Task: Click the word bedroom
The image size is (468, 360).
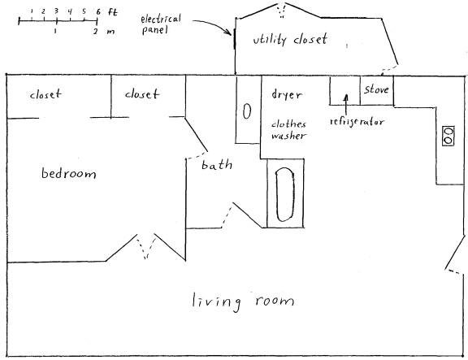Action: pyautogui.click(x=68, y=173)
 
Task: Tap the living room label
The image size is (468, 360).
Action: pyautogui.click(x=243, y=301)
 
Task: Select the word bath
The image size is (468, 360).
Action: pyautogui.click(x=217, y=165)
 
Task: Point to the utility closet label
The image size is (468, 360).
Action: pyautogui.click(x=290, y=39)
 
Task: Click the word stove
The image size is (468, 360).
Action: pyautogui.click(x=376, y=89)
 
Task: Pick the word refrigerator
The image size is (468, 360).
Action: pyautogui.click(x=357, y=122)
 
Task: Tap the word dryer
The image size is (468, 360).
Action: pyautogui.click(x=287, y=95)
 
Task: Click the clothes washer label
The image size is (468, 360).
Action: pyautogui.click(x=288, y=130)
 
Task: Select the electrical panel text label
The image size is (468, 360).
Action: pyautogui.click(x=161, y=24)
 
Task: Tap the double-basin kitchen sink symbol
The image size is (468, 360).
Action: pyautogui.click(x=448, y=137)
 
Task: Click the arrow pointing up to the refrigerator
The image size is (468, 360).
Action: pyautogui.click(x=346, y=105)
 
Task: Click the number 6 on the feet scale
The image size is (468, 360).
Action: pyautogui.click(x=98, y=12)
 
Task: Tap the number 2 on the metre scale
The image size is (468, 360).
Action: pyautogui.click(x=95, y=32)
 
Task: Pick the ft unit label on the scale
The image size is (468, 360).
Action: pyautogui.click(x=113, y=12)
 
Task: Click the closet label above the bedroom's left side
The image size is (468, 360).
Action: pyautogui.click(x=45, y=94)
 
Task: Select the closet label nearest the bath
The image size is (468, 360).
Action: pyautogui.click(x=141, y=93)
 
